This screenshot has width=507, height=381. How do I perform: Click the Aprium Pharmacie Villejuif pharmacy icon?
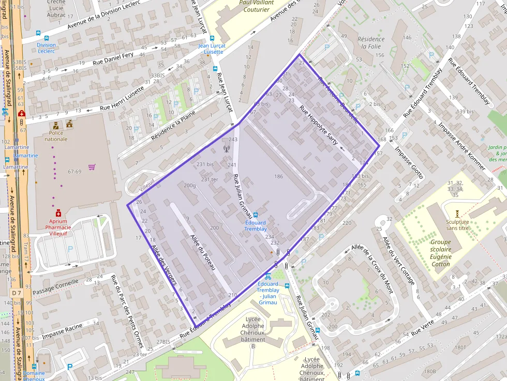pyautogui.click(x=58, y=212)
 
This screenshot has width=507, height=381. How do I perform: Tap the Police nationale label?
pyautogui.click(x=56, y=136)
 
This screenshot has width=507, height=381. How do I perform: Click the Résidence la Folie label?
pyautogui.click(x=371, y=42)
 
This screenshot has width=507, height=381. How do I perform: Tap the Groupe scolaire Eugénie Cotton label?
pyautogui.click(x=441, y=253)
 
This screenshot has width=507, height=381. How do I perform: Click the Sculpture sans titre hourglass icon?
pyautogui.click(x=457, y=213)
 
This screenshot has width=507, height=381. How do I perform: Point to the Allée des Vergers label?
pyautogui.click(x=164, y=265)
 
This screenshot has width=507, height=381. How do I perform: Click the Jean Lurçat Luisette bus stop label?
pyautogui.click(x=212, y=49)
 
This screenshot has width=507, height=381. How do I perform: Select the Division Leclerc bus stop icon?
pyautogui.click(x=47, y=38)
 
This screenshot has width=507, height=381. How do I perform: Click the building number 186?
pyautogui.click(x=278, y=176)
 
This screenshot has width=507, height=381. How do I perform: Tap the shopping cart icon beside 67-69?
pyautogui.click(x=92, y=167)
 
